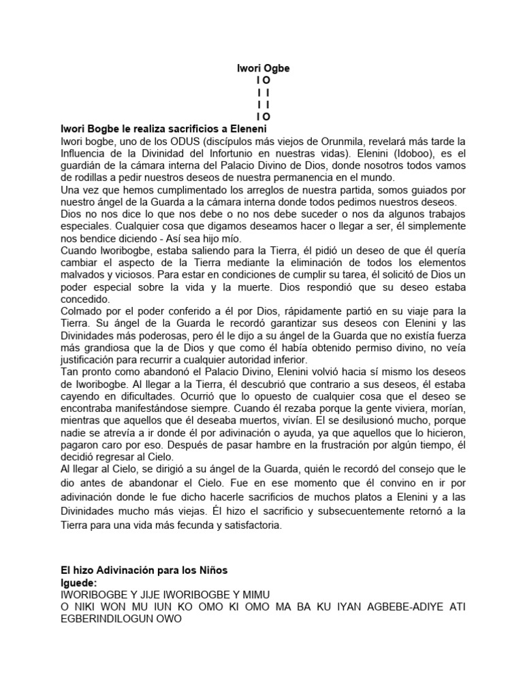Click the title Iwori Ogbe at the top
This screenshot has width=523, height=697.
263,69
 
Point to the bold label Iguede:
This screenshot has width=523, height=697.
79,583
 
